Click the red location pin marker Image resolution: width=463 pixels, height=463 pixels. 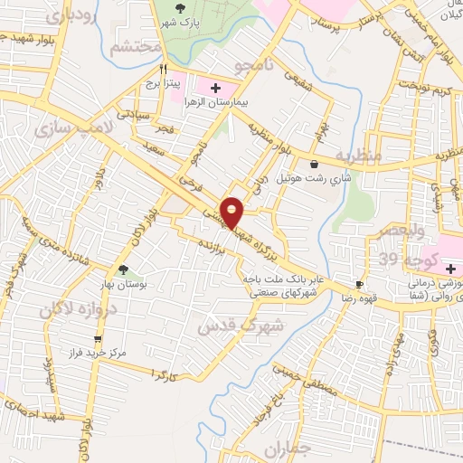(232, 212)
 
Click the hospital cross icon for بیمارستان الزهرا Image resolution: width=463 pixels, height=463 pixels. (215, 88)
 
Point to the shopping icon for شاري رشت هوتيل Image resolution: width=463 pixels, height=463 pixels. (314, 165)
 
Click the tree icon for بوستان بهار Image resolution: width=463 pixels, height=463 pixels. (123, 269)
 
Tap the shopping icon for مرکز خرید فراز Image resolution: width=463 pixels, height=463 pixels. (98, 340)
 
